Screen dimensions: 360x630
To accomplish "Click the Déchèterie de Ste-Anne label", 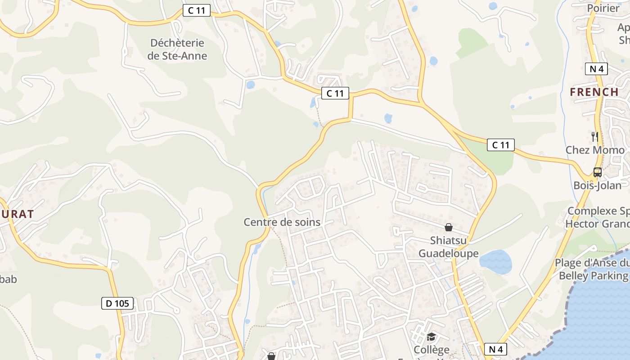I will (x=177, y=49).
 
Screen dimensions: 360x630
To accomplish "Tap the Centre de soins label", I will (x=282, y=222).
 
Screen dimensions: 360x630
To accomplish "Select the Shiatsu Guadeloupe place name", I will (x=449, y=247).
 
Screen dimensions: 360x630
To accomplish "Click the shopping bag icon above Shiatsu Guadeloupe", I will (x=449, y=227).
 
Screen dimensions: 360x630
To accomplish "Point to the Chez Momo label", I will (x=595, y=150).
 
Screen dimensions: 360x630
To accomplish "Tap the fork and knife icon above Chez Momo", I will (x=595, y=136).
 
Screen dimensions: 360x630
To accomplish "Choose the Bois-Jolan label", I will (x=597, y=185).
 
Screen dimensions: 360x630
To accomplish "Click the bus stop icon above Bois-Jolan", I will (x=597, y=172).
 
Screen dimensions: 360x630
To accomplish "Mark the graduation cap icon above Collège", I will (x=431, y=337).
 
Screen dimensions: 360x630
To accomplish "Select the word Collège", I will (x=431, y=350).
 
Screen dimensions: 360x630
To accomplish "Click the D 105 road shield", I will (x=117, y=303).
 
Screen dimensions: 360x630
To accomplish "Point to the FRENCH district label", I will (x=594, y=92).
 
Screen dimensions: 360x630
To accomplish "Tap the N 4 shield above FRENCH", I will (x=597, y=69).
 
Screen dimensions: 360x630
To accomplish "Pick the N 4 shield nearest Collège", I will (x=495, y=349).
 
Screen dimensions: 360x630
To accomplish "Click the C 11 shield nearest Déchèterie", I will (x=197, y=11).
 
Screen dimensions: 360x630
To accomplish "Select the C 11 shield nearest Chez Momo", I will (x=500, y=145).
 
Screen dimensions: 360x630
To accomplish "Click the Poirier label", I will (x=603, y=8).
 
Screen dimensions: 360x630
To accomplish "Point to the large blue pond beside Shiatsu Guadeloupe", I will (x=495, y=262).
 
